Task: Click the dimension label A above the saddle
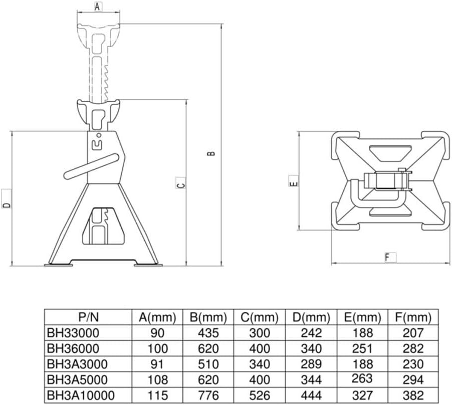98,7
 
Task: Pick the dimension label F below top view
387,258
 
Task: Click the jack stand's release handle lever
95,166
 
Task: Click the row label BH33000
73,333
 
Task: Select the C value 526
259,395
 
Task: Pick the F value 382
413,395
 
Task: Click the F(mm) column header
413,317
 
